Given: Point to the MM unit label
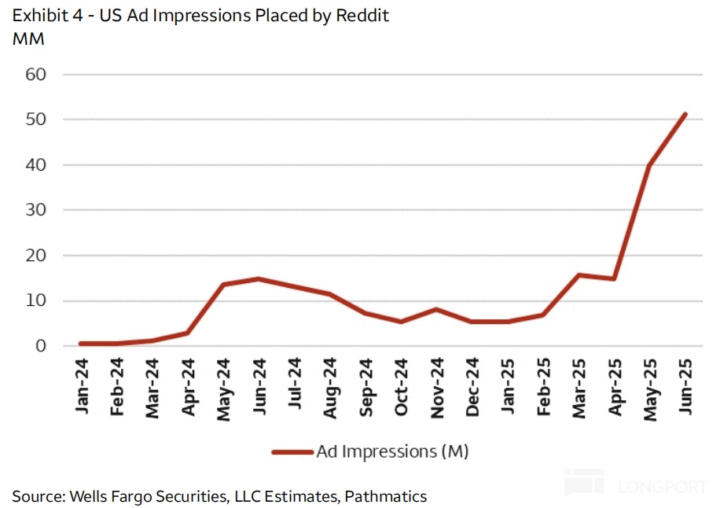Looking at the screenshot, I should [28, 38].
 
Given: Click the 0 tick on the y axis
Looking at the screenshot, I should [42, 346].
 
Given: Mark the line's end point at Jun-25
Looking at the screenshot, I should [685, 114].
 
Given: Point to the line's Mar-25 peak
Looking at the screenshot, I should [579, 274].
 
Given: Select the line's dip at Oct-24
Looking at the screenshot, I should [402, 322].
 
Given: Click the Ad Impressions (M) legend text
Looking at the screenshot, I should [392, 451].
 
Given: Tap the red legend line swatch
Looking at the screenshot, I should [292, 451].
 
